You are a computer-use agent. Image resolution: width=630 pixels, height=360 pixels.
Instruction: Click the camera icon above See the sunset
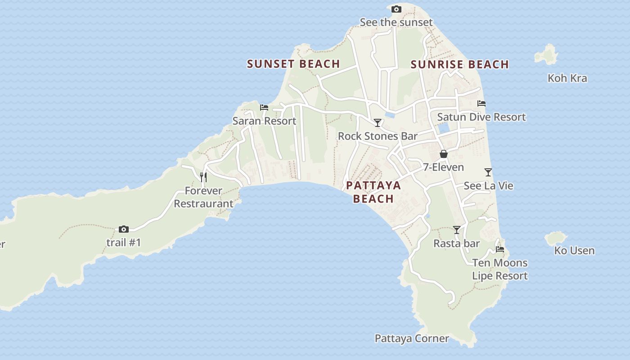click(x=396, y=9)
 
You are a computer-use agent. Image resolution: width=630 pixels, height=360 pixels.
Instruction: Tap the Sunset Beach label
click(x=293, y=64)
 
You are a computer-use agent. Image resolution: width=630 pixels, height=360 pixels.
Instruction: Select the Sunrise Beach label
click(x=459, y=64)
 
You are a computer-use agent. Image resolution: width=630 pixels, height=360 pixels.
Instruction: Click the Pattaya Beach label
click(x=373, y=192)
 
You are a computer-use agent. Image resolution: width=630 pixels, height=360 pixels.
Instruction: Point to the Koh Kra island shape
click(x=546, y=55)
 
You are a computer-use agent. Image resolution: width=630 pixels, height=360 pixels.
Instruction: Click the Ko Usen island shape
click(x=556, y=238)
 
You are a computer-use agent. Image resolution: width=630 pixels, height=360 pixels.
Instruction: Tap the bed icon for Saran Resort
click(x=264, y=108)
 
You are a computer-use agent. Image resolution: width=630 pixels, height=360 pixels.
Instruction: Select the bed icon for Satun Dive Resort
click(x=481, y=103)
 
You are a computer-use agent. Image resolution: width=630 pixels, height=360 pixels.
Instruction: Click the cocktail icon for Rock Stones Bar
click(x=378, y=123)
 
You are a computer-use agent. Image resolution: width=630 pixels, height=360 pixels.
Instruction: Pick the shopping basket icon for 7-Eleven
click(x=443, y=154)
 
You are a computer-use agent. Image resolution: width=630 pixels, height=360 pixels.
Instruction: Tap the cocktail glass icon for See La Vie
click(x=488, y=172)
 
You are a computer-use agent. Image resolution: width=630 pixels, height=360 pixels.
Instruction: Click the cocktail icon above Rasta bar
click(x=457, y=230)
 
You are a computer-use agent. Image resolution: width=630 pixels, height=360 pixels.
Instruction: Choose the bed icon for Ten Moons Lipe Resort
click(x=499, y=249)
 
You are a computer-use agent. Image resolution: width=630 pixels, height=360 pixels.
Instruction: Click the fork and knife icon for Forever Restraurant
click(x=203, y=177)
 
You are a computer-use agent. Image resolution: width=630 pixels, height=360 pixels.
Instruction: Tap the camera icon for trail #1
click(x=124, y=229)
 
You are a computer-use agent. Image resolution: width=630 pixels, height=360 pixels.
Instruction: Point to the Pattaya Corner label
click(x=412, y=338)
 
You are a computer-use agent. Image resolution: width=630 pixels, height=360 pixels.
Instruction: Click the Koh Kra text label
click(x=567, y=78)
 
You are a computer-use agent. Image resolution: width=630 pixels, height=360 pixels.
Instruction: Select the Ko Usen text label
click(x=574, y=251)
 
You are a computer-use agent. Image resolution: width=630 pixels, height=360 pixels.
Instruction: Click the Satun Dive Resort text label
click(x=481, y=117)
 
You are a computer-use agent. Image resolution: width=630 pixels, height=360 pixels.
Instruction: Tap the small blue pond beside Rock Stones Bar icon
click(x=390, y=115)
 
